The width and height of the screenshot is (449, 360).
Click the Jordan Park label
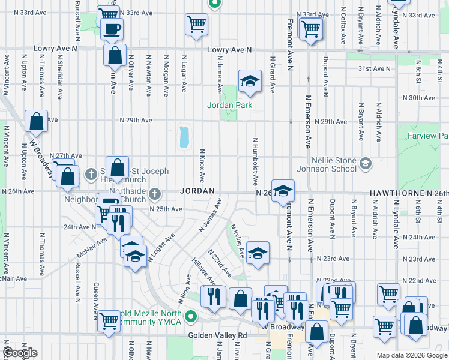coord(229,105)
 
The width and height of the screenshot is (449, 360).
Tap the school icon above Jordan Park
coord(250,81)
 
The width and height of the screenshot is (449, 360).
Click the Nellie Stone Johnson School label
coord(334,164)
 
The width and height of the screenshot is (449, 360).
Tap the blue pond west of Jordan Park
coord(184,137)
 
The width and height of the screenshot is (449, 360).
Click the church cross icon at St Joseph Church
coord(91,175)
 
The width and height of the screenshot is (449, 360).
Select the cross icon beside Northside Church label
coord(155,194)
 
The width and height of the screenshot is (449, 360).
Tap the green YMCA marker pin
coord(191,316)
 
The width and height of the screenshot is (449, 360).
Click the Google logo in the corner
coord(20,353)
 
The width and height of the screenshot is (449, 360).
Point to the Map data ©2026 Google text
coord(412,355)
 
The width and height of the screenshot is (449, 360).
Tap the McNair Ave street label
coord(91,246)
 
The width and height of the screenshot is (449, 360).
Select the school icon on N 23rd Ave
coord(257,253)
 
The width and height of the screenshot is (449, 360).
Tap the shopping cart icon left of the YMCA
coord(109,320)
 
